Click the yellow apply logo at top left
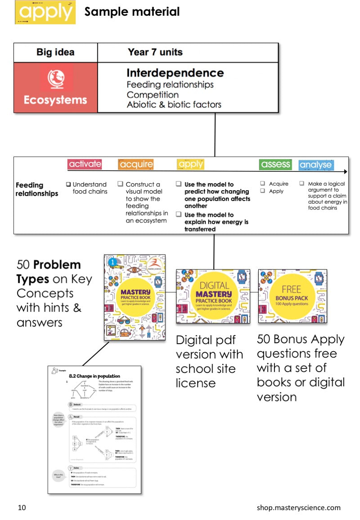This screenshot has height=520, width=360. [x=45, y=12]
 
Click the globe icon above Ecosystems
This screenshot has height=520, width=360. [x=56, y=77]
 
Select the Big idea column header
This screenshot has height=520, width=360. [x=56, y=52]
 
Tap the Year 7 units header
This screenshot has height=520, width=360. [x=155, y=52]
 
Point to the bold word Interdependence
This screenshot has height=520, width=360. [x=175, y=73]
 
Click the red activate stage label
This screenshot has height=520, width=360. [x=85, y=164]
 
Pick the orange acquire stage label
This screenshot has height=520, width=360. [x=136, y=165]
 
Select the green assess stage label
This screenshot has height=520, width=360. [x=275, y=165]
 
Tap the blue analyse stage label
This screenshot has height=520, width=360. [x=316, y=165]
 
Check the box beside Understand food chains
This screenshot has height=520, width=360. [x=68, y=184]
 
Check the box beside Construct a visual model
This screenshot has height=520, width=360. [x=121, y=184]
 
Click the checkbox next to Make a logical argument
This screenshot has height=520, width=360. [x=302, y=184]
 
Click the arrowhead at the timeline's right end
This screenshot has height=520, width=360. [x=345, y=171]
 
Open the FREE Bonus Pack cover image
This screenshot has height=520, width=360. [x=292, y=296]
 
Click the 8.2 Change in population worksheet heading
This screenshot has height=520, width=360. [x=94, y=376]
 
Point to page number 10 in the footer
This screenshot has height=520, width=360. [x=22, y=508]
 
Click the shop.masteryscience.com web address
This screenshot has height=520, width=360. [x=298, y=508]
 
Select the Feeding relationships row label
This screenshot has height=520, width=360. [x=37, y=189]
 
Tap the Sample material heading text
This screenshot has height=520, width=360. [x=132, y=12]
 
